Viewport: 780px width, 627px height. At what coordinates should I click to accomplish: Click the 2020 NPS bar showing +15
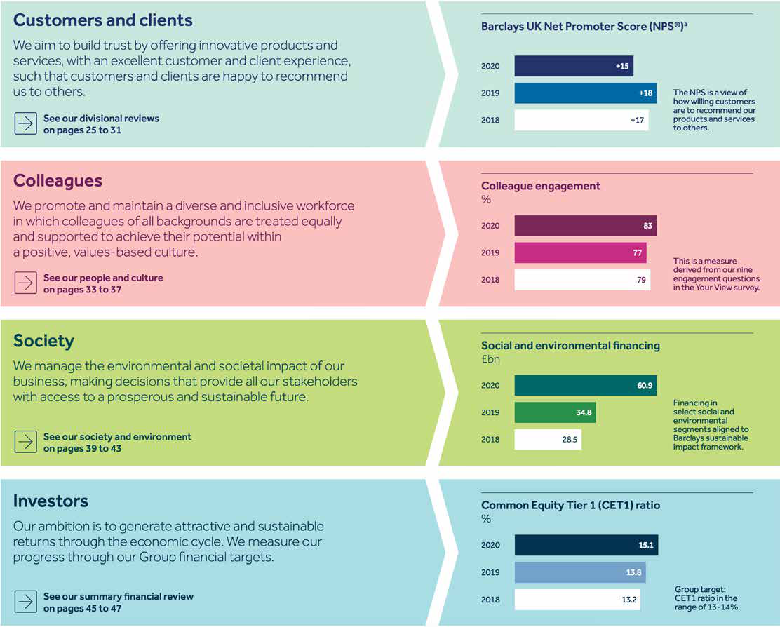click(x=574, y=66)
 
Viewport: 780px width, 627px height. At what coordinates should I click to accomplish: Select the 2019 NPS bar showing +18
click(x=586, y=93)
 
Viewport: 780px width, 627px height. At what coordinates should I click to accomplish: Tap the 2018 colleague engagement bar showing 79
click(x=582, y=280)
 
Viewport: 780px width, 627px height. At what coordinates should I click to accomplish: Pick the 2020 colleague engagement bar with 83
click(x=586, y=226)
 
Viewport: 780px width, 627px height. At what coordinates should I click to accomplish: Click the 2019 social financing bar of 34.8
click(x=556, y=412)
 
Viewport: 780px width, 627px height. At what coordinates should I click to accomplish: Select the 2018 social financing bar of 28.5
click(x=548, y=440)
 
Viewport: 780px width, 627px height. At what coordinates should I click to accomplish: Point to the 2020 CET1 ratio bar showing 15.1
click(x=586, y=546)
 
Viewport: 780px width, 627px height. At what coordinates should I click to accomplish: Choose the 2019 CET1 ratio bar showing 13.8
click(x=580, y=572)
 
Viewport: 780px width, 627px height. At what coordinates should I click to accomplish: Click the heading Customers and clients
click(x=103, y=20)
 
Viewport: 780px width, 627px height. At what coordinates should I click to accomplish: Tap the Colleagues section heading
click(x=58, y=180)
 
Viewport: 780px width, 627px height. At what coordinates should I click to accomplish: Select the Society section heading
click(x=43, y=341)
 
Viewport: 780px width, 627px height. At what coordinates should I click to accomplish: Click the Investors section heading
click(x=51, y=501)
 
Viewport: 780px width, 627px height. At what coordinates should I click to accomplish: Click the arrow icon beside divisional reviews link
click(x=25, y=123)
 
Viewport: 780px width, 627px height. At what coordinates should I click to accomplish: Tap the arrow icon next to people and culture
click(x=25, y=283)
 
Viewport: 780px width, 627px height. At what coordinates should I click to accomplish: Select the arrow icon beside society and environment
click(x=25, y=442)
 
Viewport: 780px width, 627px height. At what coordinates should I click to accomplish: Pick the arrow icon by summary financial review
click(x=25, y=602)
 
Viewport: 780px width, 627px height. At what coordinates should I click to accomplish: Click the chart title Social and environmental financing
click(x=570, y=346)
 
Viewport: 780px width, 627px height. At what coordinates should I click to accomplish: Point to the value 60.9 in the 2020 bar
click(x=645, y=386)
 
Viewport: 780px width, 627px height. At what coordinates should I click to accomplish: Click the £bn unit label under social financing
click(x=490, y=359)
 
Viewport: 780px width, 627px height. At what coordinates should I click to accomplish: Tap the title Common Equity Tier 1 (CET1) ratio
click(x=570, y=506)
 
